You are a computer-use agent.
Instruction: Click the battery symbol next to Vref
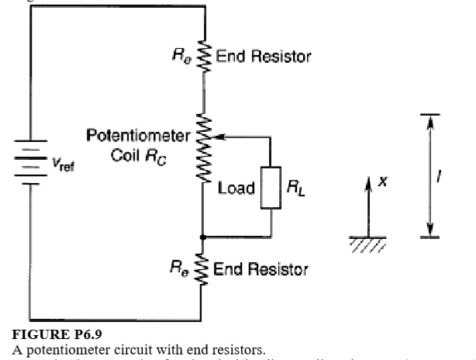pyautogui.click(x=29, y=163)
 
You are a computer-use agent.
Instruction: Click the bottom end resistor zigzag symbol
pyautogui.click(x=203, y=268)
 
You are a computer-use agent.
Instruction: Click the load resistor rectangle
pyautogui.click(x=271, y=187)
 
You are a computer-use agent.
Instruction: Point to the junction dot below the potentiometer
pyautogui.click(x=203, y=235)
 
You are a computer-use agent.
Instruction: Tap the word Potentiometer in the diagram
pyautogui.click(x=137, y=137)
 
